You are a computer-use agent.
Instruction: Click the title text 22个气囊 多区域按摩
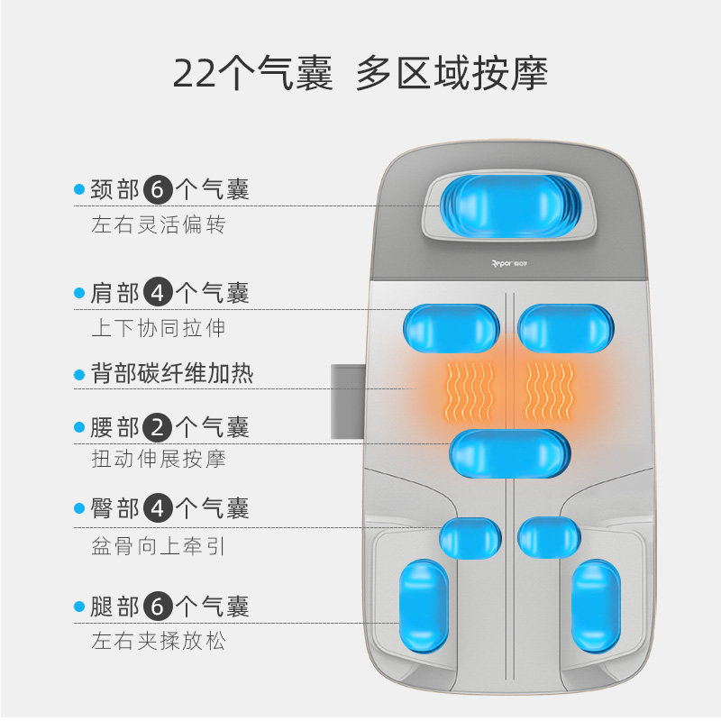click(x=360, y=73)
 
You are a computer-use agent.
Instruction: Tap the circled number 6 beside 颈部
click(x=157, y=189)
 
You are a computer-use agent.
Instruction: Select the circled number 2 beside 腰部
click(x=157, y=426)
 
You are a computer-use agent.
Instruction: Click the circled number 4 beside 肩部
click(x=157, y=293)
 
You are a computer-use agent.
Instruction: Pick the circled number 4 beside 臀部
click(x=157, y=509)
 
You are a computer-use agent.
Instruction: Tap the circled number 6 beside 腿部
click(x=157, y=607)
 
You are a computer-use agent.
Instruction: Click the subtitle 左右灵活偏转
click(x=158, y=224)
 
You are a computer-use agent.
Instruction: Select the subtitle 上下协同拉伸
click(x=158, y=327)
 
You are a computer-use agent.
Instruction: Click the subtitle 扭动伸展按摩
click(x=158, y=460)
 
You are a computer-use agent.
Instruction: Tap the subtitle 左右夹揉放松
click(x=158, y=642)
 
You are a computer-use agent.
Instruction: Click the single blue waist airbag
click(x=509, y=452)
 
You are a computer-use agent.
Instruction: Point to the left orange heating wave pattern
click(x=469, y=388)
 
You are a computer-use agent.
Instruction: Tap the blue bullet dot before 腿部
click(x=79, y=607)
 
